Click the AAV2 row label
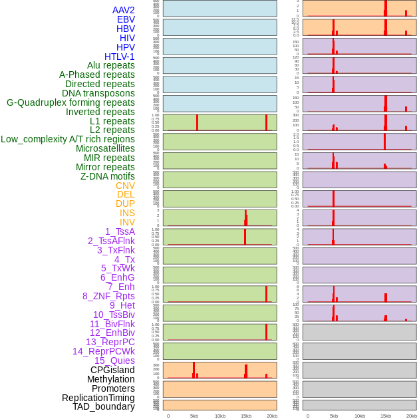click(x=123, y=10)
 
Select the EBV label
click(x=126, y=19)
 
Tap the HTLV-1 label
click(x=119, y=57)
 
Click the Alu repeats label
click(x=110, y=65)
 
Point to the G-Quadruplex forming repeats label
click(x=70, y=102)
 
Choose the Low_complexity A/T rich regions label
click(x=68, y=139)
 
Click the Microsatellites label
click(x=105, y=148)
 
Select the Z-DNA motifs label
click(x=107, y=176)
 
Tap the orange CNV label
click(x=125, y=186)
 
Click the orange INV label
click(x=127, y=222)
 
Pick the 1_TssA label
click(x=120, y=231)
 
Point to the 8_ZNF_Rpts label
click(x=108, y=296)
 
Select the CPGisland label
click(x=112, y=370)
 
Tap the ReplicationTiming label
click(x=98, y=398)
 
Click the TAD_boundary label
click(x=104, y=406)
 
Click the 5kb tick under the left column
click(x=194, y=416)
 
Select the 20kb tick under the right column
click(x=412, y=416)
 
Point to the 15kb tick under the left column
click(x=246, y=416)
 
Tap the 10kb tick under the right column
click(x=360, y=416)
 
